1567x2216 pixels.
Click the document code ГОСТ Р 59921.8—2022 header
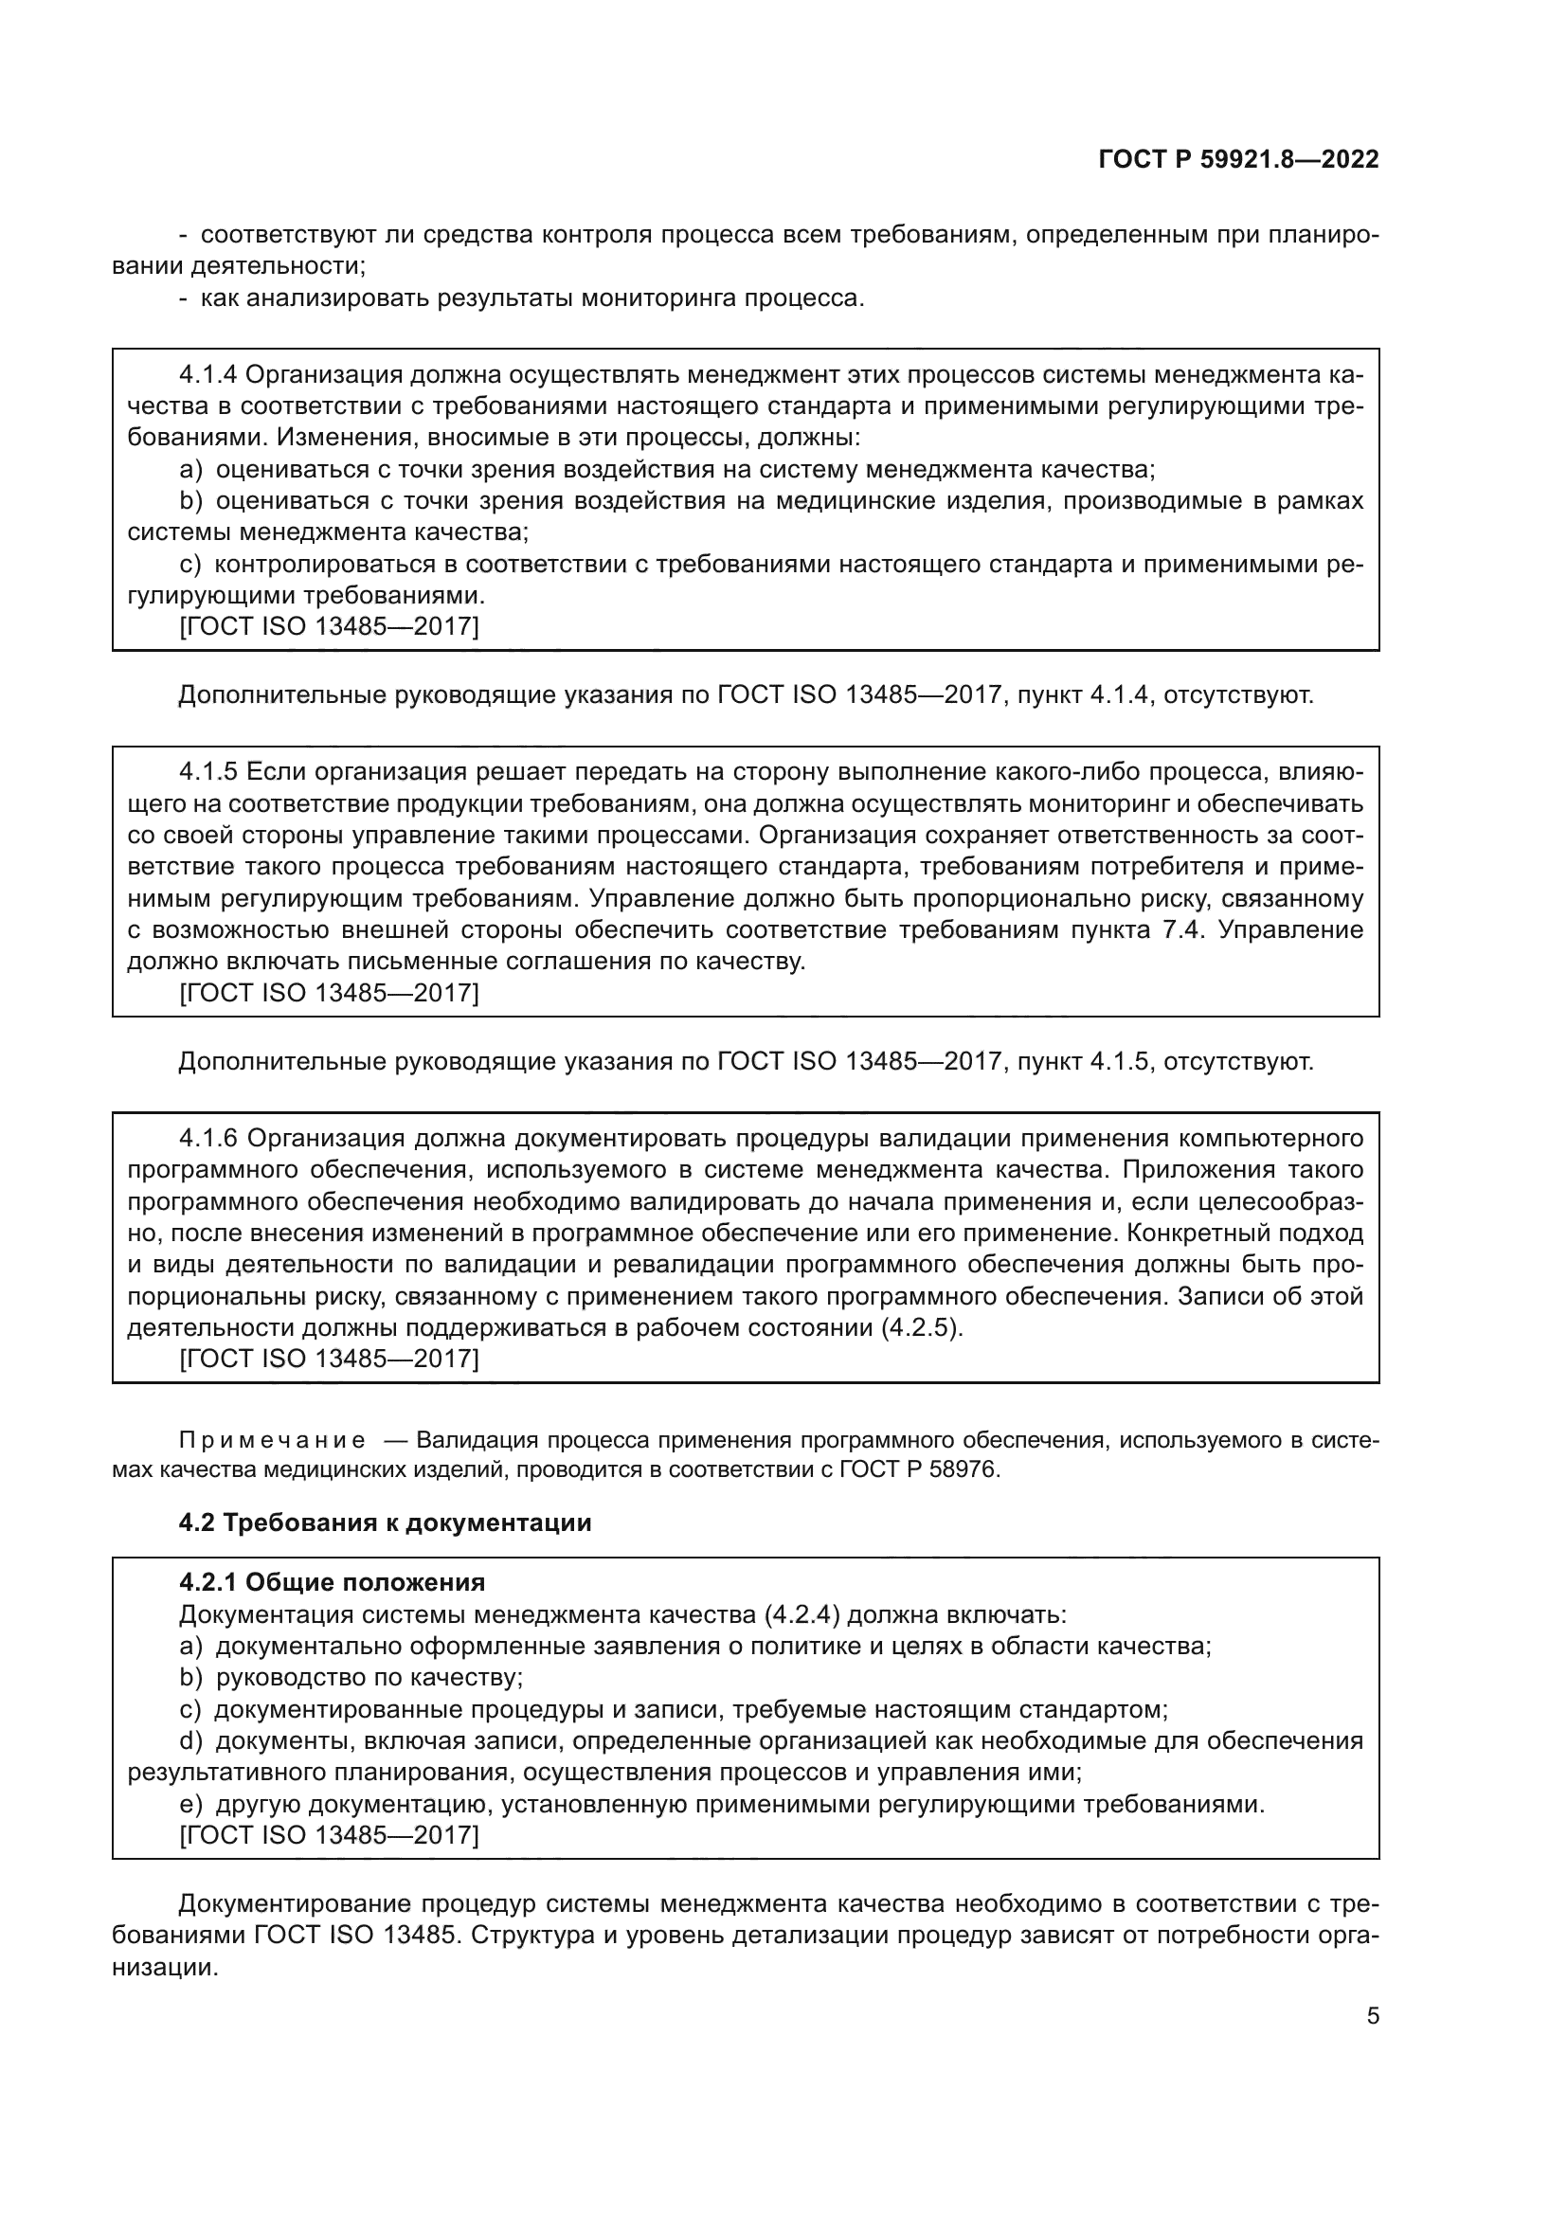click(x=1239, y=160)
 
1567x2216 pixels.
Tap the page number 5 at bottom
click(x=1372, y=2016)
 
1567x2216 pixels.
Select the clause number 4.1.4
click(x=208, y=374)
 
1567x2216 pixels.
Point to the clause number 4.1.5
click(x=208, y=772)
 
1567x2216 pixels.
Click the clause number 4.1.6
click(x=208, y=1139)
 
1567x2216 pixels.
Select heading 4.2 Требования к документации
click(x=385, y=1523)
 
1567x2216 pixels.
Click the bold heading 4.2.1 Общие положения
click(x=332, y=1583)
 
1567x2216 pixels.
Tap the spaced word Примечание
click(x=272, y=1441)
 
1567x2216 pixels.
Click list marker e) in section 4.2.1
click(x=190, y=1804)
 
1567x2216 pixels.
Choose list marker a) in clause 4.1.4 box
click(x=190, y=470)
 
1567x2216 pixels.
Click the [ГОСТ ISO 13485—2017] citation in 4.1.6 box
click(x=329, y=1359)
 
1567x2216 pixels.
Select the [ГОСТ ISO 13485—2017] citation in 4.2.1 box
click(x=329, y=1835)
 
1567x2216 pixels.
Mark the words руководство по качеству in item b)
click(x=369, y=1678)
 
